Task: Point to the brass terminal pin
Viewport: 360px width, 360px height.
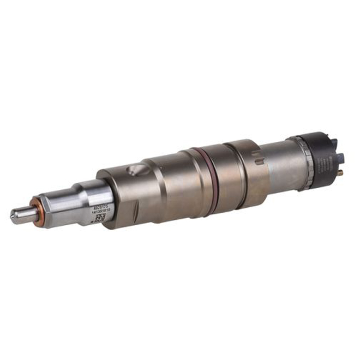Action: click(x=339, y=172)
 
